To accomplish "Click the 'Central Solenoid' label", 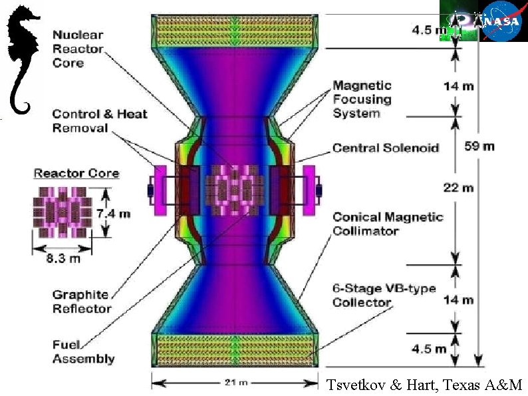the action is pyautogui.click(x=386, y=148).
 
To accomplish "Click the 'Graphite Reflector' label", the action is pyautogui.click(x=82, y=302).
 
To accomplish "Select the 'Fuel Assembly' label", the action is pyautogui.click(x=83, y=351).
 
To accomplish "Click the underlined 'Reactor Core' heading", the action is pyautogui.click(x=76, y=174).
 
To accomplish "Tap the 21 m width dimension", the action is pyautogui.click(x=235, y=383).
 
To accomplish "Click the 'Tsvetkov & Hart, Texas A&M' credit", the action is pyautogui.click(x=425, y=385).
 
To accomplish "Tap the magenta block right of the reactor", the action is pyautogui.click(x=309, y=190).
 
